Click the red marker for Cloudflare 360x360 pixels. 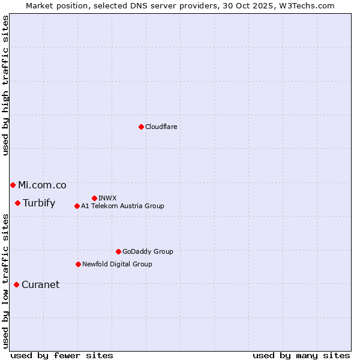coord(141,127)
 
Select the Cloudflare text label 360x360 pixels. coord(161,127)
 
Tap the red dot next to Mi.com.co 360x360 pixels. coord(13,185)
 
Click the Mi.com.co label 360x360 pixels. coord(42,185)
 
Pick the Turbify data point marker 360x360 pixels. coord(18,203)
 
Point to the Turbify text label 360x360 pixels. coord(39,203)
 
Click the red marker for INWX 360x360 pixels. coord(94,198)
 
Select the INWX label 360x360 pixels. coord(107,198)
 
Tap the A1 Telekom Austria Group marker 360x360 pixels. coord(77,206)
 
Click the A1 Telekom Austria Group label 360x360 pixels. coord(122,206)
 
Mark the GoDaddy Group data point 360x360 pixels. coord(118,251)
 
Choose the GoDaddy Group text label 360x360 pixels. coord(148,251)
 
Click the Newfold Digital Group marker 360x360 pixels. coord(78,264)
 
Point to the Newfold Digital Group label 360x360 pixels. coord(117,264)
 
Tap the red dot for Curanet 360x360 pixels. coord(16,284)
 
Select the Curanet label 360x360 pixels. coord(40,284)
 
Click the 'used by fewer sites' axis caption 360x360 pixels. coord(62,355)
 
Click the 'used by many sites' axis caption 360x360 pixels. coord(301,355)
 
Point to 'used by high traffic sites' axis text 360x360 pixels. coord(5,86)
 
